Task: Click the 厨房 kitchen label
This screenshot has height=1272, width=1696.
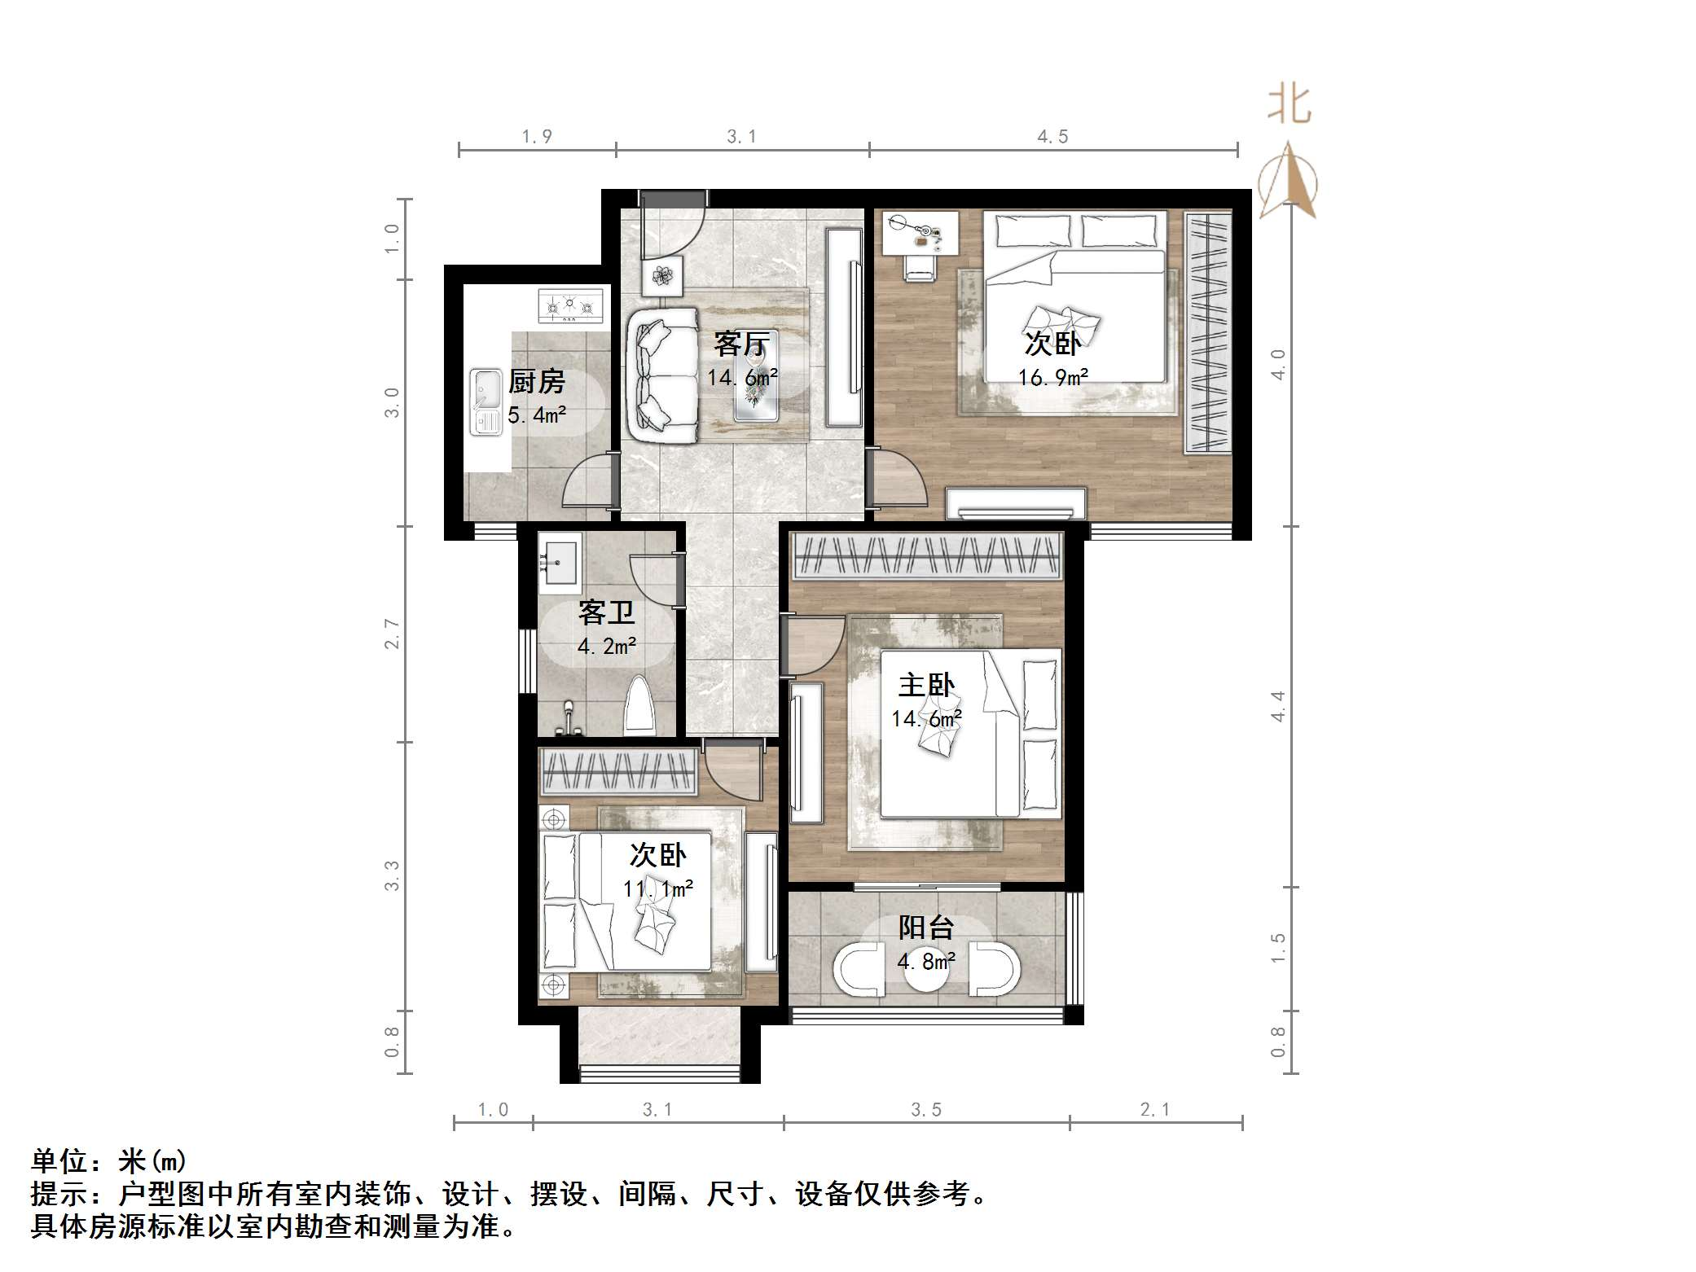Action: click(x=536, y=381)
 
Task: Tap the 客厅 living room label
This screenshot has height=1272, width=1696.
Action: click(x=740, y=344)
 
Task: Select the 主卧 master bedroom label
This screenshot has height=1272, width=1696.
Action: click(x=926, y=685)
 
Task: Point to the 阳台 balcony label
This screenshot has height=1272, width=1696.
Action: click(x=926, y=927)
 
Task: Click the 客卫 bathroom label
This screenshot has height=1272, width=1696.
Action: click(x=606, y=612)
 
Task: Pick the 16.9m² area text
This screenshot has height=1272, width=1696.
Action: click(x=1052, y=378)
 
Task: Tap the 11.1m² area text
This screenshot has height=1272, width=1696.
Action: click(x=658, y=888)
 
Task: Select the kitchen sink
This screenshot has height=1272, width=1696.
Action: click(x=486, y=401)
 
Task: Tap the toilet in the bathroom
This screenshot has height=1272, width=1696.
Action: click(x=639, y=705)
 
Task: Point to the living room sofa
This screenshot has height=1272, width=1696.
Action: click(x=662, y=375)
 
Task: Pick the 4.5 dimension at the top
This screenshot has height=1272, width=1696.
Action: click(x=1052, y=137)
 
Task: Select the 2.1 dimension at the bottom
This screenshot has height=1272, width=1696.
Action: click(x=1154, y=1109)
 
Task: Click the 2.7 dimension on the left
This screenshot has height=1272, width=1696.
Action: click(x=393, y=634)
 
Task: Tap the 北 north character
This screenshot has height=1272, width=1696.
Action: click(x=1288, y=105)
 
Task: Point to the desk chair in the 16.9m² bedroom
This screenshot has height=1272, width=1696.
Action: click(x=920, y=267)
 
